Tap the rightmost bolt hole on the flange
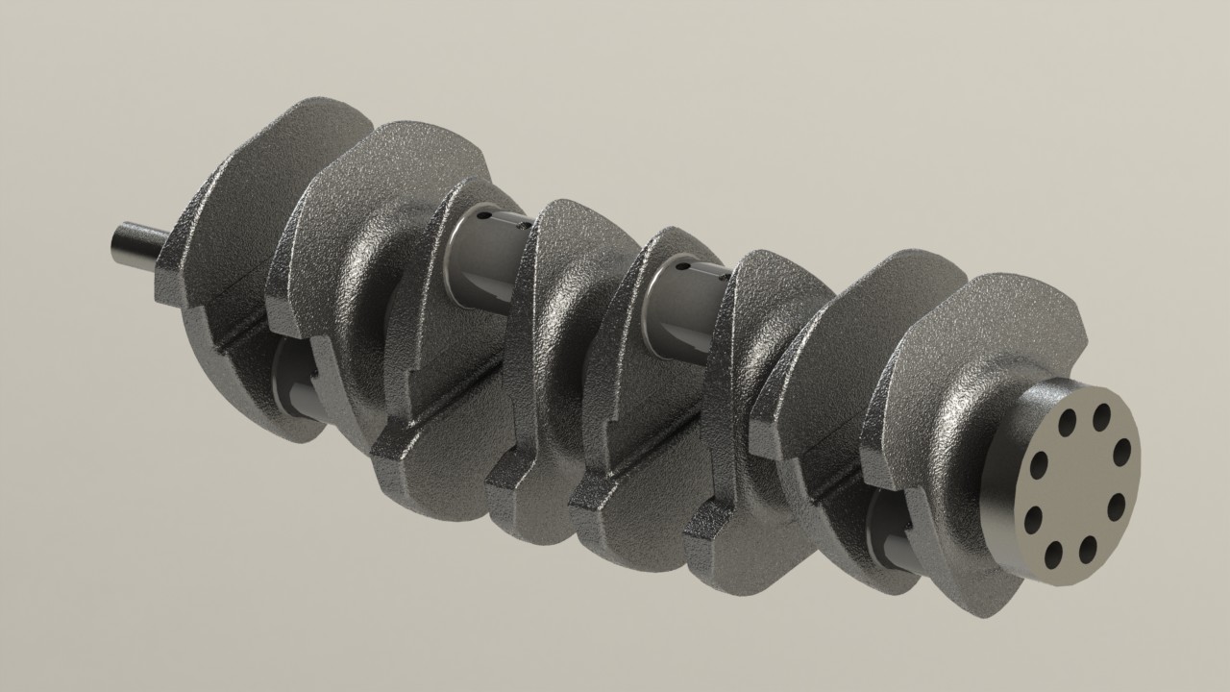tap(1121, 452)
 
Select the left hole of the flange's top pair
tap(1068, 423)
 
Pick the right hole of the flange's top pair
tap(1101, 417)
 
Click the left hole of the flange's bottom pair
tap(1053, 554)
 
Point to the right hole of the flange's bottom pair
tap(1088, 549)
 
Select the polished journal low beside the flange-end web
tap(894, 533)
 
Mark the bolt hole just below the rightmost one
tap(1116, 507)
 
